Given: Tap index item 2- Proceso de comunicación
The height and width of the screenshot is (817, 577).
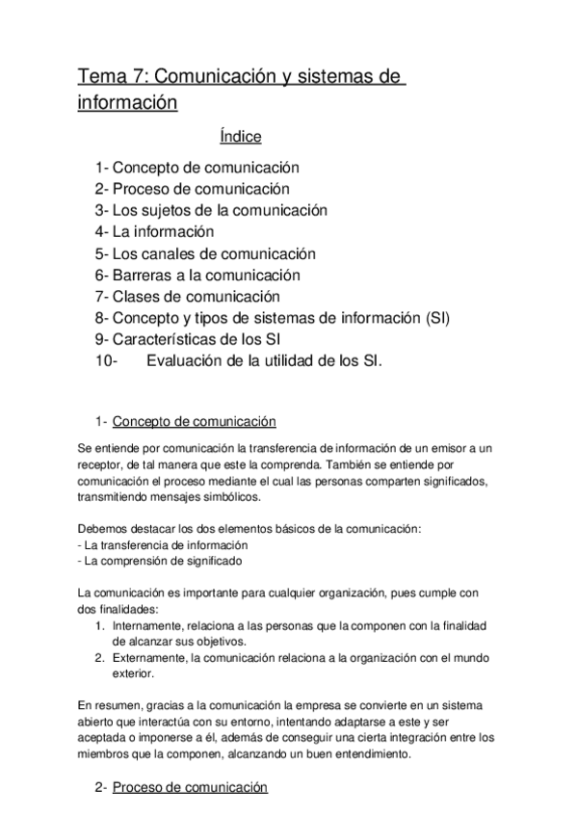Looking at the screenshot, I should coord(192,189).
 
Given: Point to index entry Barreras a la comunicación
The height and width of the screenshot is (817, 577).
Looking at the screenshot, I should coord(205,275).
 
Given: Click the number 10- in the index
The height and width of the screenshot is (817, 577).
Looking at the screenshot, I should coord(107,361).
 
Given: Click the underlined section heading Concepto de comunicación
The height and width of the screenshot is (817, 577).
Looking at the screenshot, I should coord(195,421).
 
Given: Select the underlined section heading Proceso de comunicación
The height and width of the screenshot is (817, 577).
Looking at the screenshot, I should coord(190,787).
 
